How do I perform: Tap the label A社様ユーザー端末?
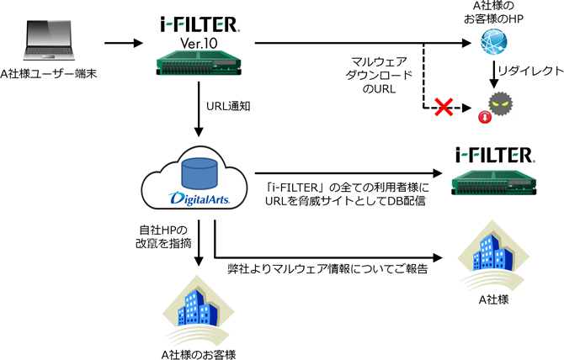click(49, 75)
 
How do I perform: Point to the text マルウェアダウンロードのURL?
click(381, 77)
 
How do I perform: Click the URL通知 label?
click(226, 107)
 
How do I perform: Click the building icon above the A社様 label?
click(492, 257)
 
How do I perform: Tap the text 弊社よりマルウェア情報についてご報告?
click(328, 270)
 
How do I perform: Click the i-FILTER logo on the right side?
click(494, 156)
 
